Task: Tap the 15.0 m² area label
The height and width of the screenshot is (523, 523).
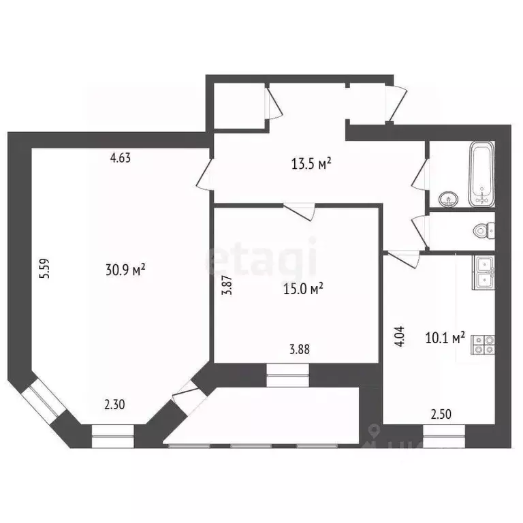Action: click(x=302, y=289)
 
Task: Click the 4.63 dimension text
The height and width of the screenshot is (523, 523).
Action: click(x=121, y=158)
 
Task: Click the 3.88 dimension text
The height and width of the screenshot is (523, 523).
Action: click(x=300, y=351)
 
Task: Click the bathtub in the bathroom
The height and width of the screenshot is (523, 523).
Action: click(x=482, y=174)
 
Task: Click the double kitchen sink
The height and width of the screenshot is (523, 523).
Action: click(x=484, y=273)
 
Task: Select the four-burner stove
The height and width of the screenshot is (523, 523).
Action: click(x=484, y=345)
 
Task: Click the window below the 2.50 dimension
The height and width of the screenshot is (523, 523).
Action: click(x=445, y=433)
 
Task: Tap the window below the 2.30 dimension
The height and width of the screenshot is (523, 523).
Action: click(x=113, y=434)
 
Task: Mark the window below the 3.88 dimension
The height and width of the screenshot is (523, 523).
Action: click(x=287, y=374)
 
